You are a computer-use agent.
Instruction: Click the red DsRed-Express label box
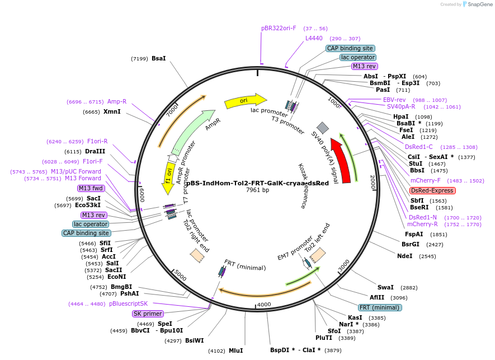(x=432, y=190)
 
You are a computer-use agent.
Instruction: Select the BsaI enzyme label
(x=159, y=58)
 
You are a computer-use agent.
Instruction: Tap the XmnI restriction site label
(x=112, y=111)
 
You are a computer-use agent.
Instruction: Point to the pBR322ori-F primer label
(x=279, y=28)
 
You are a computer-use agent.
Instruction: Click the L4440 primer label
(x=314, y=38)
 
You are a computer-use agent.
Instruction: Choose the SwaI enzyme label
(x=385, y=287)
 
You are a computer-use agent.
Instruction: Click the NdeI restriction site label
(x=404, y=256)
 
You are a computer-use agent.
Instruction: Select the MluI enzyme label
(x=235, y=350)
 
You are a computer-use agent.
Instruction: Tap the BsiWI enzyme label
(x=195, y=340)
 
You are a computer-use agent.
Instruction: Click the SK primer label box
(x=148, y=314)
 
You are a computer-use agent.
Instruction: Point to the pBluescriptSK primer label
(x=128, y=303)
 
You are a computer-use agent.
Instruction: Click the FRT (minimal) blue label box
(x=380, y=307)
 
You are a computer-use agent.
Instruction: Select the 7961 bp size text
(x=257, y=190)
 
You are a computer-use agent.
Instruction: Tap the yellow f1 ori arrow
(x=168, y=175)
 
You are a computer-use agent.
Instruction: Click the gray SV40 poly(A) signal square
(x=323, y=128)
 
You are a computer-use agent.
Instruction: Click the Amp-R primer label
(x=117, y=101)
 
